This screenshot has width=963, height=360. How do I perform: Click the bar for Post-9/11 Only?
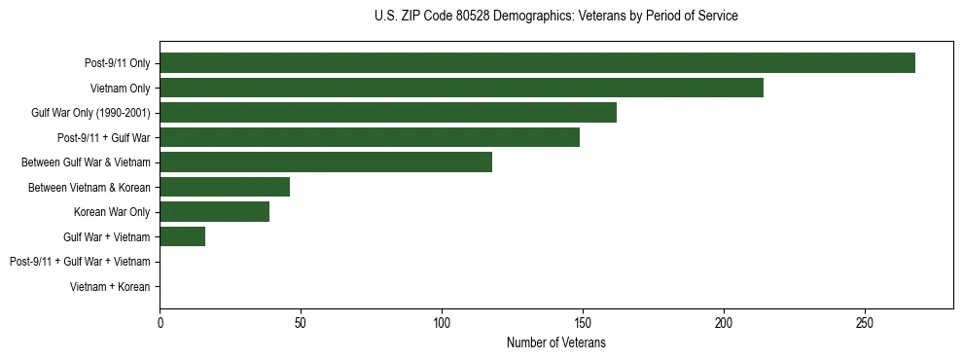point(537,63)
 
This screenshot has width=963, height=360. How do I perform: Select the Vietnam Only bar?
point(461,88)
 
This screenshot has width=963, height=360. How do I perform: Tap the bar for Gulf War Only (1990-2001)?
point(388,113)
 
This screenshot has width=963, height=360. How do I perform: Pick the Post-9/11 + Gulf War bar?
point(370,137)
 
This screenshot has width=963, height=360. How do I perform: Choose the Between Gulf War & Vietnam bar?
point(326,162)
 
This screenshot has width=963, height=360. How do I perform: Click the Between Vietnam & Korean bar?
point(225,187)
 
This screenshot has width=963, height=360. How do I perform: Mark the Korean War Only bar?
point(215,211)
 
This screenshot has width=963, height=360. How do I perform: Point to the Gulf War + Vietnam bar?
point(183,236)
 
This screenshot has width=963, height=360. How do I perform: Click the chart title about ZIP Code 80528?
point(555,17)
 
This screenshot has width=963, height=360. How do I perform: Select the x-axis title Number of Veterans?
point(555,342)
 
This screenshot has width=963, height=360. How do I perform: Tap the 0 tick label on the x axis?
point(160,323)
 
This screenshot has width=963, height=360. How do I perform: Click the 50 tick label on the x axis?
point(301,323)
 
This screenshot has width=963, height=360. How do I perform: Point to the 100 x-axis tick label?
point(442,323)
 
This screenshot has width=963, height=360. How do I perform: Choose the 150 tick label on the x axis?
point(583,323)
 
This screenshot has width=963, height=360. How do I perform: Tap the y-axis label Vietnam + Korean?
point(110,287)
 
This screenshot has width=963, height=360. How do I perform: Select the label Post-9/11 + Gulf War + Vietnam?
point(80,262)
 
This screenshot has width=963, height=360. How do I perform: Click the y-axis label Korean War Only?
point(112,212)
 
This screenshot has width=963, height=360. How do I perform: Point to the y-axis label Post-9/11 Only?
point(117,63)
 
